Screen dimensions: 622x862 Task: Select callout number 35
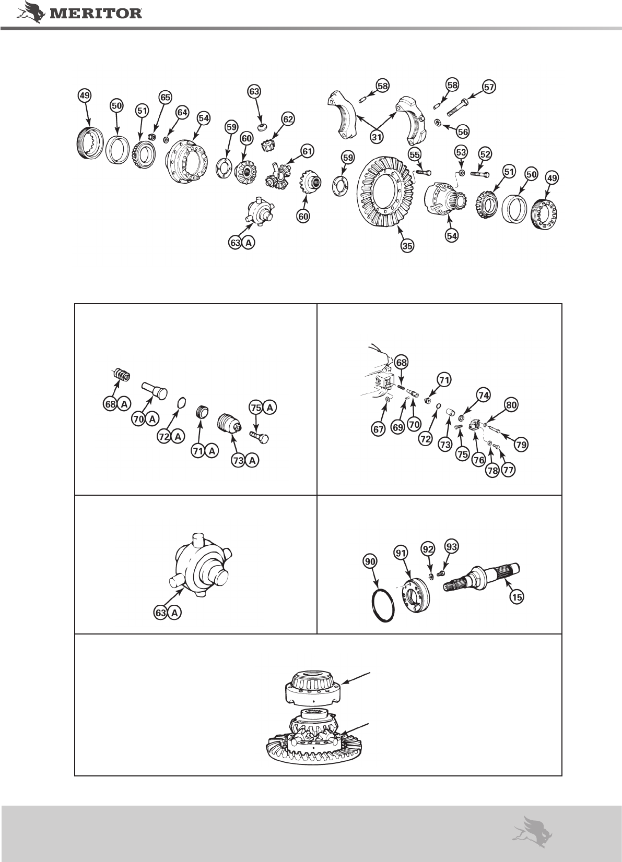[x=407, y=246]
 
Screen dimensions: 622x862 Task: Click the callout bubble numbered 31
[x=377, y=137]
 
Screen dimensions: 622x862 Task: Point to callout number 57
[x=489, y=87]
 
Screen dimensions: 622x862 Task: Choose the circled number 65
[x=165, y=97]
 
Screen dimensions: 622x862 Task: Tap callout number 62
[x=288, y=119]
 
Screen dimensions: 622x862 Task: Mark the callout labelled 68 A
[x=118, y=404]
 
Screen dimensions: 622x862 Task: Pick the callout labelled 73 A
[x=245, y=460]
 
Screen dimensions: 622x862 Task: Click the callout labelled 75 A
[x=263, y=408]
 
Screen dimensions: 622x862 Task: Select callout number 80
[x=511, y=405]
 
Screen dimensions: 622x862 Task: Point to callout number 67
[x=378, y=429]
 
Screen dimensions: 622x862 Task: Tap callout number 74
[x=484, y=395]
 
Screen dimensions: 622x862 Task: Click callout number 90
[x=370, y=561]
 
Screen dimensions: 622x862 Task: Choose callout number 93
[x=451, y=546]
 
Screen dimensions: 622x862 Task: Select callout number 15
[x=517, y=597]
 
